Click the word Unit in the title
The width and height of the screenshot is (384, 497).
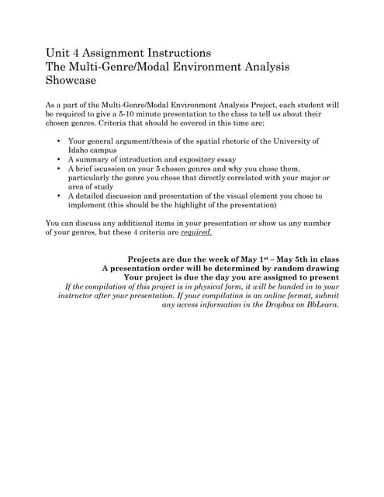click(x=60, y=53)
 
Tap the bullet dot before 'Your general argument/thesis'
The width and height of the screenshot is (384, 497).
click(x=61, y=141)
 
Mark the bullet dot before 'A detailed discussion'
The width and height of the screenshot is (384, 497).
click(x=61, y=196)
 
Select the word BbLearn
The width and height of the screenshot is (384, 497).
click(x=320, y=304)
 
